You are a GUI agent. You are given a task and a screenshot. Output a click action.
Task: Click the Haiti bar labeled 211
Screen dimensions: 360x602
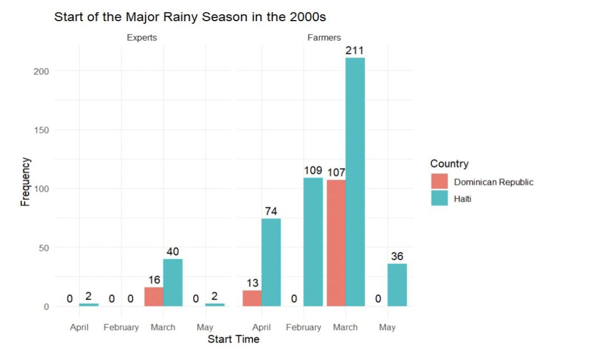(355, 182)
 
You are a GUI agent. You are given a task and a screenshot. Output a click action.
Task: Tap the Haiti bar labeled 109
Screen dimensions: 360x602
(313, 241)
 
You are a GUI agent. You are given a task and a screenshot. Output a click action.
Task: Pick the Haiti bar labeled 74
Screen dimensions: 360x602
(271, 262)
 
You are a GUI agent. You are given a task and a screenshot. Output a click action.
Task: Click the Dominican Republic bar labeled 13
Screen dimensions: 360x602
(252, 298)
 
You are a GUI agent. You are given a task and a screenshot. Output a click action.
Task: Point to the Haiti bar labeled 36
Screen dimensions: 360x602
(397, 285)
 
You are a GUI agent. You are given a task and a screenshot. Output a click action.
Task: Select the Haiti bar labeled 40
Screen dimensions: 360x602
(173, 282)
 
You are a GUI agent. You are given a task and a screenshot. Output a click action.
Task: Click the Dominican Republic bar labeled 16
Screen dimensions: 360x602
(154, 296)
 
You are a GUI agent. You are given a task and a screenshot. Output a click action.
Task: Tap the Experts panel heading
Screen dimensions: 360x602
(142, 38)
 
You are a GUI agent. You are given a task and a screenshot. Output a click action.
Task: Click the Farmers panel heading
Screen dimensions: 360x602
(324, 38)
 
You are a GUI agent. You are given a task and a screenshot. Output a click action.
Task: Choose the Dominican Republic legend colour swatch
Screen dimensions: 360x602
(439, 182)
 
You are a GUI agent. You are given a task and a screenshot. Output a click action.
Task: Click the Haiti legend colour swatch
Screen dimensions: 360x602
(439, 198)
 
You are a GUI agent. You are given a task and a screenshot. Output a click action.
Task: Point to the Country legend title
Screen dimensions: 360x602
(449, 164)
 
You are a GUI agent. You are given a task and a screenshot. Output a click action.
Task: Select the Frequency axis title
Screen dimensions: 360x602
(25, 182)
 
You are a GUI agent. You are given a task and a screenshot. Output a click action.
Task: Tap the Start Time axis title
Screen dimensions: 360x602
(234, 339)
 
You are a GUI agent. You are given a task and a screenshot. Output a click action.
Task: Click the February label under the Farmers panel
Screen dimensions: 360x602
(303, 327)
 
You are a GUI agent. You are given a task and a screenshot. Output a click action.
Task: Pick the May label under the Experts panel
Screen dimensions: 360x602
(205, 327)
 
